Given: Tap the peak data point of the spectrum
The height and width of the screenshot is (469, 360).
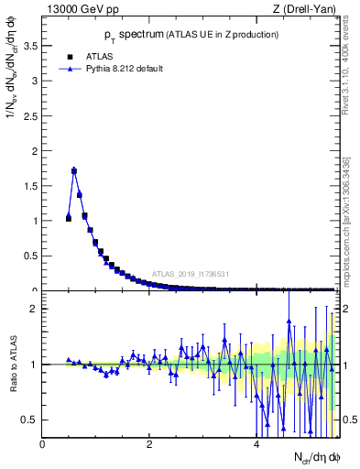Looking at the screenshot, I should pos(74,170).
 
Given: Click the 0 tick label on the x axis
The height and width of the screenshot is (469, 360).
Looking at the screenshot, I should pos(42,444).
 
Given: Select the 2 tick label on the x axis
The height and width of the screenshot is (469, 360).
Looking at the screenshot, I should pos(149,444).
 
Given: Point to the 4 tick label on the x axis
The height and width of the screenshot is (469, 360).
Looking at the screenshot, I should pos(256,444).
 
